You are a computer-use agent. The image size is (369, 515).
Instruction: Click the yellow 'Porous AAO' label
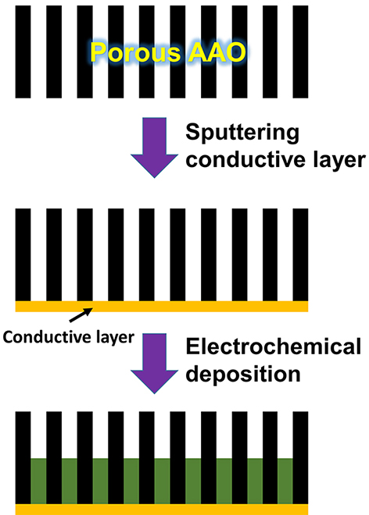[x=168, y=52]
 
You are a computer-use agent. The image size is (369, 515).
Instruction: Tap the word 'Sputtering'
[x=242, y=133]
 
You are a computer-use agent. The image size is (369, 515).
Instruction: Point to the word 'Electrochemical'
[x=274, y=346]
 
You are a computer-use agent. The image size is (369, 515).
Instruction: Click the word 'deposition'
[x=243, y=375]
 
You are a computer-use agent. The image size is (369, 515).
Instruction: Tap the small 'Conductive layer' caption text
[x=69, y=337]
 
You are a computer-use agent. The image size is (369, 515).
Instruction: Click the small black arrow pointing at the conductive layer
[x=81, y=314]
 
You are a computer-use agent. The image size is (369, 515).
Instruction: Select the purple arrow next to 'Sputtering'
[x=154, y=147]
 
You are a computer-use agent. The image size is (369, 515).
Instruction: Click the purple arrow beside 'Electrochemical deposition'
[x=154, y=364]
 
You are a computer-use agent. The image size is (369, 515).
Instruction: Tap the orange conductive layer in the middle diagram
[x=162, y=306]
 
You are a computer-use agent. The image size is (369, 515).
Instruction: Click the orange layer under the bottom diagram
[x=162, y=510]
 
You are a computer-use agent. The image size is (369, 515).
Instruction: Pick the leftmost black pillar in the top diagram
[x=23, y=51]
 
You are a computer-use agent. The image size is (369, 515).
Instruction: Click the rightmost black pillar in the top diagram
[x=300, y=51]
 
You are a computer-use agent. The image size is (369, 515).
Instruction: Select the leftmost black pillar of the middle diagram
[x=23, y=254]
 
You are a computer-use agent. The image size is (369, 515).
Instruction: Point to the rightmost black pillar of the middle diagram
[x=300, y=254]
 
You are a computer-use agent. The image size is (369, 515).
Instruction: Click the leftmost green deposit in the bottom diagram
[x=38, y=481]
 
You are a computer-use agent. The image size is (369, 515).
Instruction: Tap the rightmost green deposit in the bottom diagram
[x=285, y=481]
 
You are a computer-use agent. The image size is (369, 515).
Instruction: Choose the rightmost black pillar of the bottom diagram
[x=300, y=457]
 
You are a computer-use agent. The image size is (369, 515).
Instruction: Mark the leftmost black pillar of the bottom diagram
[x=23, y=457]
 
